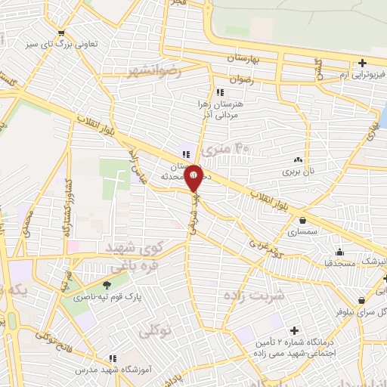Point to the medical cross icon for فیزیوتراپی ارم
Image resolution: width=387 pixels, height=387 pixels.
coord(363,63)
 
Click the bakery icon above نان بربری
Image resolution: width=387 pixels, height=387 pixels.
coord(298,160)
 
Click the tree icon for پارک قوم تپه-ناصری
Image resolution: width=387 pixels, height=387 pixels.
coord(105,285)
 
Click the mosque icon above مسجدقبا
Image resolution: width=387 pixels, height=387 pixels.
coord(339,252)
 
